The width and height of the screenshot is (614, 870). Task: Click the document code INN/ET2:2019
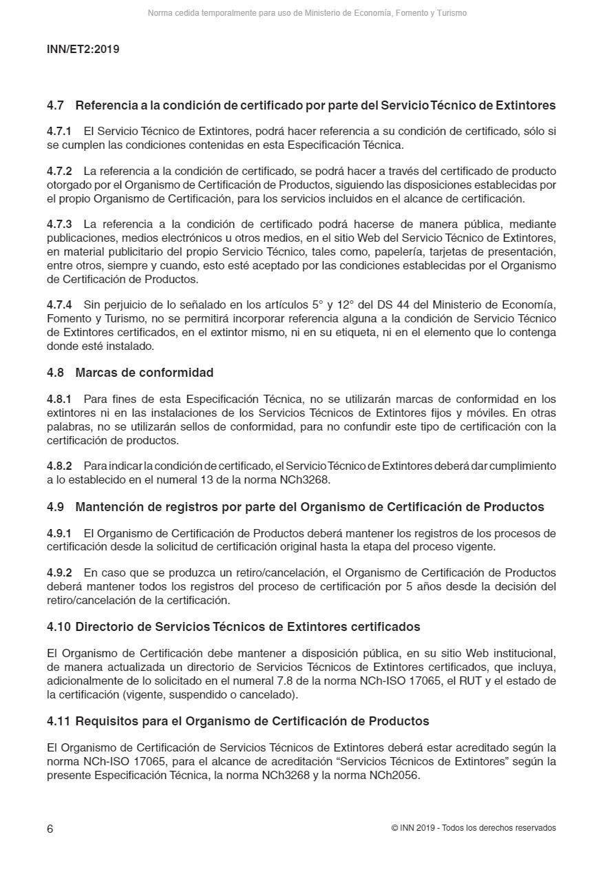[x=83, y=50]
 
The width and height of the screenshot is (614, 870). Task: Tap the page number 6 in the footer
[x=50, y=829]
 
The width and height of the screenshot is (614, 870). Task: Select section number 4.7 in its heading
[x=55, y=106]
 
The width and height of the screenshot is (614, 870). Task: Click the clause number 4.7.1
[x=59, y=131]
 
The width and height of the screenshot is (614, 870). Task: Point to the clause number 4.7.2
[x=59, y=171]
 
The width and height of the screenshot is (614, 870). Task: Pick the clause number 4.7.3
[x=59, y=225]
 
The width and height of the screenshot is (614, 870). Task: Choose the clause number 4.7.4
[x=59, y=304]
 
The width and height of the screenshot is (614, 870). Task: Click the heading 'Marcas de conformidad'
[x=144, y=373]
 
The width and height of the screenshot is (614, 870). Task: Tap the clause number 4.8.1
[x=59, y=400]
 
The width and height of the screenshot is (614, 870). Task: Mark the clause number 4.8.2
[x=59, y=466]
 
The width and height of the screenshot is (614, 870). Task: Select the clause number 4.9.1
[x=59, y=534]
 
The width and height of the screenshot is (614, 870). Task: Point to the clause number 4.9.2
[x=59, y=573]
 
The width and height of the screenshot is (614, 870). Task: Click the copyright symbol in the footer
[x=394, y=828]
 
